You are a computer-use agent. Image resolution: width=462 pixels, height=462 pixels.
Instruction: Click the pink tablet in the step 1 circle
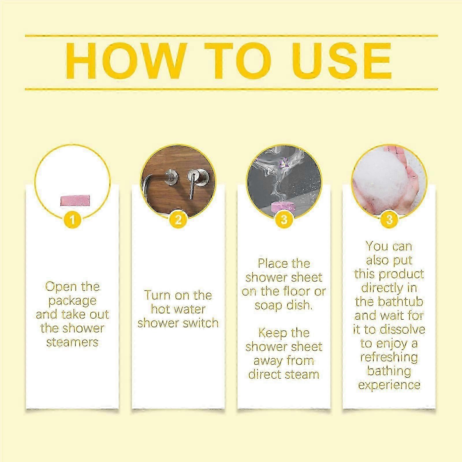point(75,200)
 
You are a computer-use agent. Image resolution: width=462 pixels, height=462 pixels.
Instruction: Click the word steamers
point(72,342)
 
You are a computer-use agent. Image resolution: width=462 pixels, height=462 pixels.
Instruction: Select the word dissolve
point(403,329)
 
